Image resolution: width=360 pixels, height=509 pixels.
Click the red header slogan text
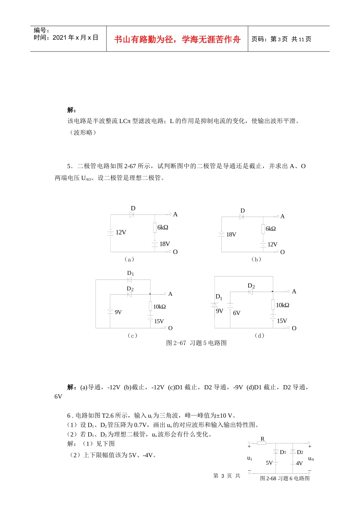point(177,39)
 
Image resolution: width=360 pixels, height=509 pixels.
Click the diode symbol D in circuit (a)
point(132,215)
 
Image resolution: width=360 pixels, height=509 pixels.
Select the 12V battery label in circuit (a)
point(121,233)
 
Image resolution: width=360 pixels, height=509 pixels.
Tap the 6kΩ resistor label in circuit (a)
point(163,227)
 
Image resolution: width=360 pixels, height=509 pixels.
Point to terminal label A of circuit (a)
point(175,214)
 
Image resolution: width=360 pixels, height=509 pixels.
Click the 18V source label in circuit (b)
point(231,234)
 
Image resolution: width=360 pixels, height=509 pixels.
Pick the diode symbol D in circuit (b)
point(241,217)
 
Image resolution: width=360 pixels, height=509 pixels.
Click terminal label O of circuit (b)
point(282,252)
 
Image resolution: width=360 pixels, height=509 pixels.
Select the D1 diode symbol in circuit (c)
point(129,280)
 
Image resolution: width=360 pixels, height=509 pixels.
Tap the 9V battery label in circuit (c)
point(118,312)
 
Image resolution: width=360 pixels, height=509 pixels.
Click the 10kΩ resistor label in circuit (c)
point(160,307)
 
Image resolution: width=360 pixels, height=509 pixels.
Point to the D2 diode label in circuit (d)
point(251,286)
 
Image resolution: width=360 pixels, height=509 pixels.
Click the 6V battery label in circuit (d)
point(237,313)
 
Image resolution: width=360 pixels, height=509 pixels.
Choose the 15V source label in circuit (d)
point(282,321)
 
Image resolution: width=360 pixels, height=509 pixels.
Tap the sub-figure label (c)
point(132,336)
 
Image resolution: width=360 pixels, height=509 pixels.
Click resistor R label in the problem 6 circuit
point(263,439)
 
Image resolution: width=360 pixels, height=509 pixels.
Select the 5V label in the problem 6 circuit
point(269,463)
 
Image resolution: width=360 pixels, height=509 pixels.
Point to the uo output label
point(311,459)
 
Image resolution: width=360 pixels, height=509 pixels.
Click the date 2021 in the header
point(59,37)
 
